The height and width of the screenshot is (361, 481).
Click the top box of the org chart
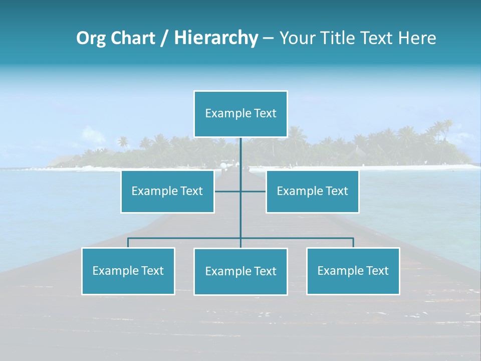coord(241,114)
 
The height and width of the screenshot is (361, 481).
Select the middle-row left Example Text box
coord(167,192)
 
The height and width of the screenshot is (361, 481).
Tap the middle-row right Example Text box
coord(312,192)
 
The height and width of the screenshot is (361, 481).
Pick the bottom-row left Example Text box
coord(128,271)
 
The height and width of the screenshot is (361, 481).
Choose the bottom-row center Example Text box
coord(241,272)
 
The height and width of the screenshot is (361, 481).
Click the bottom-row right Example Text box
coord(353,271)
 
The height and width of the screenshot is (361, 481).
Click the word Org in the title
coord(90,38)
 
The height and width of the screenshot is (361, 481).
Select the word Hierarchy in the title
coord(216,38)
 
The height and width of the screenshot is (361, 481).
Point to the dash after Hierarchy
coord(268,38)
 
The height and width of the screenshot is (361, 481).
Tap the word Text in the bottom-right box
coord(377,271)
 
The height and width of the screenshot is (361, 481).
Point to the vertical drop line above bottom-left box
coord(128,243)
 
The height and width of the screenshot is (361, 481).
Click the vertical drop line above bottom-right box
coord(353,243)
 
